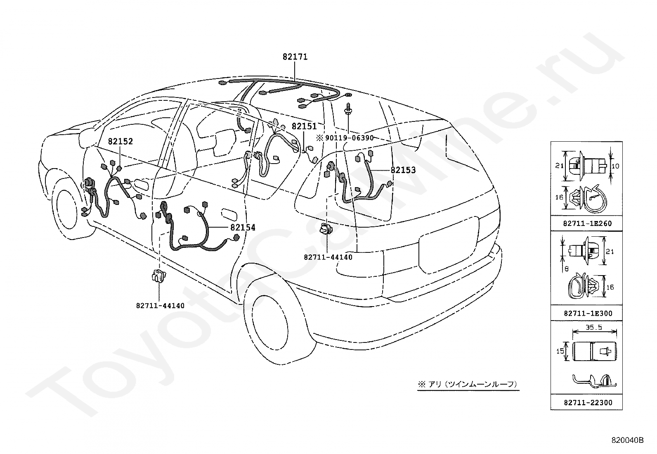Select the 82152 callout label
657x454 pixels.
121,141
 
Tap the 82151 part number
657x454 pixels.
304,126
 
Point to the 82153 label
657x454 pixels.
403,170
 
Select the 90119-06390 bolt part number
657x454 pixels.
349,138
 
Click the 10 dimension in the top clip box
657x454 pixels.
615,166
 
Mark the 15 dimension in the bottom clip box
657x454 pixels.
560,352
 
